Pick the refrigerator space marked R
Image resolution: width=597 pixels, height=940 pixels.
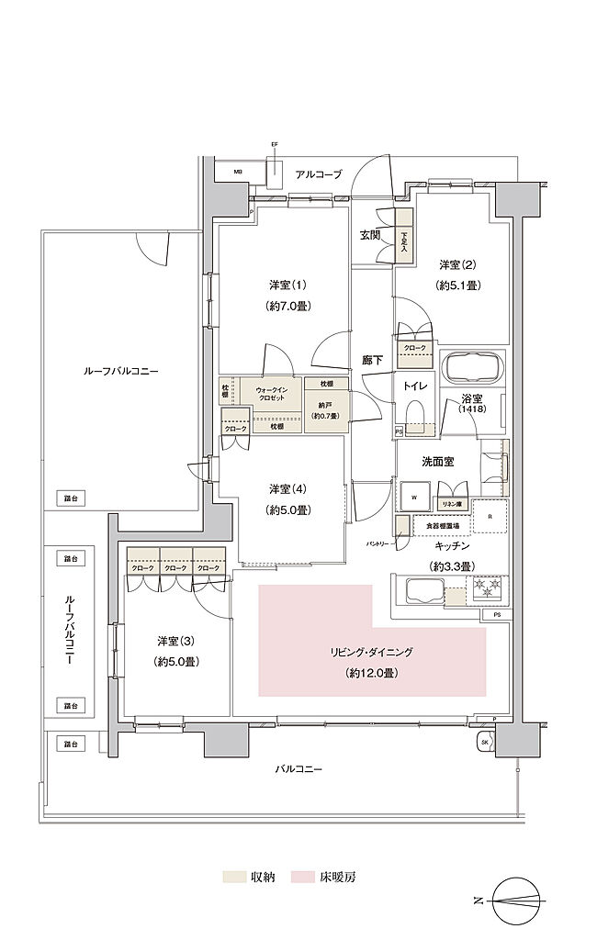pyautogui.click(x=490, y=515)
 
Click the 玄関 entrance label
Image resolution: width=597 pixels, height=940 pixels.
pyautogui.click(x=370, y=235)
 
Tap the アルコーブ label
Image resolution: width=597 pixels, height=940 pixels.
pyautogui.click(x=320, y=173)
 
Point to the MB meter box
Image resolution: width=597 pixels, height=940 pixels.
pyautogui.click(x=237, y=173)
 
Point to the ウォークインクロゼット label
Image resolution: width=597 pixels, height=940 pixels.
pyautogui.click(x=270, y=395)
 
